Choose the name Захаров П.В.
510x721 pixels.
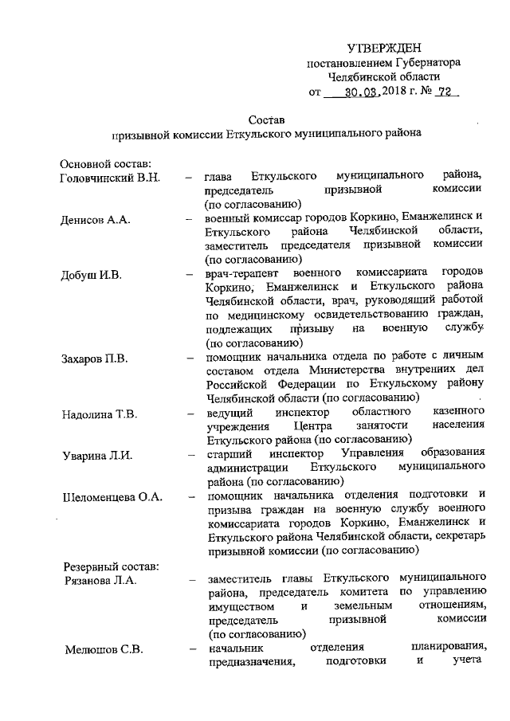[94, 358]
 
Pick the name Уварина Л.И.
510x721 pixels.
[96, 455]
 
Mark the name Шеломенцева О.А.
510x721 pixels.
[112, 496]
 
